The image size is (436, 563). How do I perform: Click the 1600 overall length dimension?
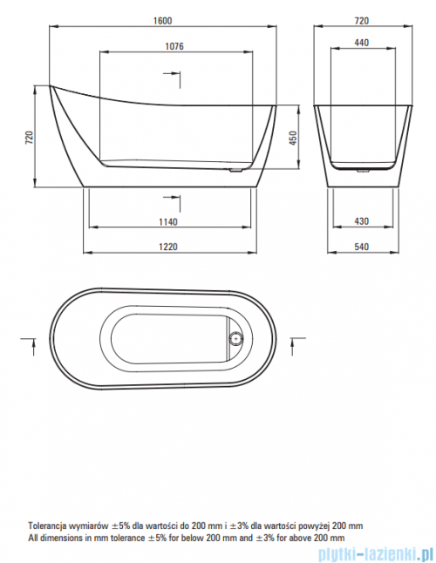pos(163,21)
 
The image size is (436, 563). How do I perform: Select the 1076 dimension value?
pos(174,46)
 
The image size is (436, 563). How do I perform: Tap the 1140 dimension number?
pos(168,222)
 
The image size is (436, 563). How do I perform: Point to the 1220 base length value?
pos(168,247)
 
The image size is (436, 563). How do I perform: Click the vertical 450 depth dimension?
pos(293,138)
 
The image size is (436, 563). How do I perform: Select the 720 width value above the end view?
pos(362,21)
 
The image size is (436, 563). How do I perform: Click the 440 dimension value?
pos(362,43)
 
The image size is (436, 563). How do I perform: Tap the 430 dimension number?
pos(362,221)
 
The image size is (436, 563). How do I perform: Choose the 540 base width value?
pos(362,247)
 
